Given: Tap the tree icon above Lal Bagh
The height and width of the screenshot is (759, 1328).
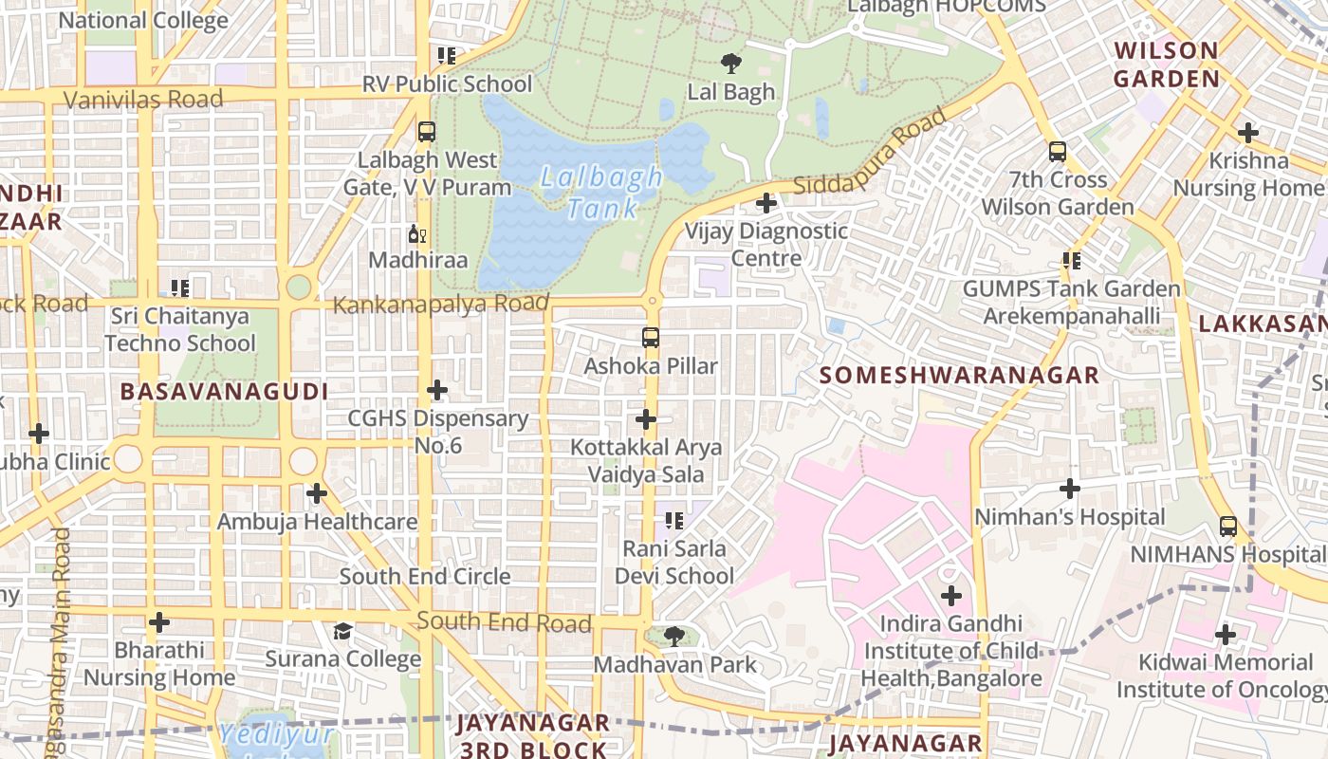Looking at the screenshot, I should pos(730,64).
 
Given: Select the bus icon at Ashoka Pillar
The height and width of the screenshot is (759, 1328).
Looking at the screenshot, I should pos(650,338).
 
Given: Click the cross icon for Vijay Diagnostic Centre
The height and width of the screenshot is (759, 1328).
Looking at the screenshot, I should pos(765,203).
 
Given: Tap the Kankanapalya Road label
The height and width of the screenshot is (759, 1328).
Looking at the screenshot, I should pos(441,305).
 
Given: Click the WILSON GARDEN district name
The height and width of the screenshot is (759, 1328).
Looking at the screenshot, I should pos(1166,65).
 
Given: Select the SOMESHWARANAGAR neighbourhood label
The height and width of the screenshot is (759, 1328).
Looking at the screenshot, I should pos(959,375).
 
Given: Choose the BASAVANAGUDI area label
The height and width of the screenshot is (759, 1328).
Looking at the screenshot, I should pos(224,391).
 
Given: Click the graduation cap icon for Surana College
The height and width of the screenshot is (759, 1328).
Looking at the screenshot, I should pos(342,631).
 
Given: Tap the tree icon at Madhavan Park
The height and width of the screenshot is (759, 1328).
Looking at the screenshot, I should pos(674,637).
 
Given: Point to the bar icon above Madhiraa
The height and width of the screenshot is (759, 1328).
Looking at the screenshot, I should pos(416,233).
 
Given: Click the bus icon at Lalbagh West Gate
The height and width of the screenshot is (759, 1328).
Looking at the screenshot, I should pos(426,132).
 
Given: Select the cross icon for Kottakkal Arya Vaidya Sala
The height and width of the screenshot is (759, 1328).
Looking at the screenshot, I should pos(646,418).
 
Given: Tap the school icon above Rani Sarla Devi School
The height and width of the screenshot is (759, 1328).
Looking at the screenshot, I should pos(674,520).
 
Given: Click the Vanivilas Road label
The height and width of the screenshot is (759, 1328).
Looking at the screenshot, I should pos(143,99).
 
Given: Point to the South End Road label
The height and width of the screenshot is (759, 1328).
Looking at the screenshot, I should pos(504,622).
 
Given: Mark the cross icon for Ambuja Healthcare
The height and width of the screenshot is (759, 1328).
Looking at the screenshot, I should pos(317,493).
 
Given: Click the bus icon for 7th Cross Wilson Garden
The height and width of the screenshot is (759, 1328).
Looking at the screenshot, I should pos(1057,152).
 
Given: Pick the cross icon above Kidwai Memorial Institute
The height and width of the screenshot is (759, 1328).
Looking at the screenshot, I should pos(1226,634).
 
